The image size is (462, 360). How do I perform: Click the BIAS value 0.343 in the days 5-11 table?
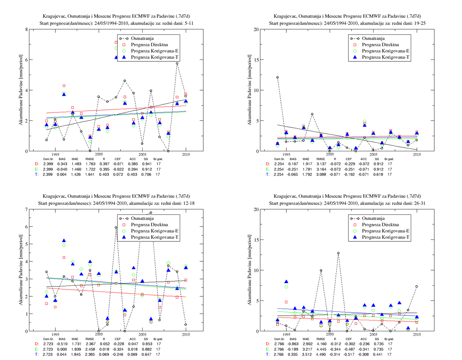pyautogui.click(x=62, y=164)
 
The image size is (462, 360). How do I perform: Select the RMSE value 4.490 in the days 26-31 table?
pyautogui.click(x=321, y=354)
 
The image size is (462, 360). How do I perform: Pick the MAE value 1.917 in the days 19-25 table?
pyautogui.click(x=307, y=164)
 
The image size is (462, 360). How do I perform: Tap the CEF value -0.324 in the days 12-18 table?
pyautogui.click(x=117, y=349)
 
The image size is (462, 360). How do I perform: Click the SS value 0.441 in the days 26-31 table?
pyautogui.click(x=378, y=354)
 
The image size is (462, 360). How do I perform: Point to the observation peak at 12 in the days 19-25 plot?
pyautogui.click(x=277, y=78)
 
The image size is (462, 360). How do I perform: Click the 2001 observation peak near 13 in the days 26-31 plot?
pyautogui.click(x=338, y=253)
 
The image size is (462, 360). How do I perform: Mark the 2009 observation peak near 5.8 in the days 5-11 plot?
pyautogui.click(x=177, y=63)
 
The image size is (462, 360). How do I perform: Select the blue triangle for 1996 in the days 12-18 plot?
pyautogui.click(x=64, y=240)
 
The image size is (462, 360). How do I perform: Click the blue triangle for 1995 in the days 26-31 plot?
pyautogui.click(x=286, y=282)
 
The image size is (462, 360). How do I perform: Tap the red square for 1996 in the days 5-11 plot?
pyautogui.click(x=64, y=86)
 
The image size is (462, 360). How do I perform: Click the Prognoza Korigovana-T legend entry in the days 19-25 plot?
pyautogui.click(x=381, y=57)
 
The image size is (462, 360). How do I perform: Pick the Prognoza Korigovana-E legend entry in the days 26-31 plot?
pyautogui.click(x=381, y=231)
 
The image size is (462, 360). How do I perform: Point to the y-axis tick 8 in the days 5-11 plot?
pyautogui.click(x=26, y=29)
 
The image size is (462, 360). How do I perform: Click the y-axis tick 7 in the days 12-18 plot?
pyautogui.click(x=26, y=209)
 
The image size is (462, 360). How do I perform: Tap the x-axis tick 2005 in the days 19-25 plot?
pyautogui.click(x=373, y=154)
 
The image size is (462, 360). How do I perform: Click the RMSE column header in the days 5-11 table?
pyautogui.click(x=89, y=159)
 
